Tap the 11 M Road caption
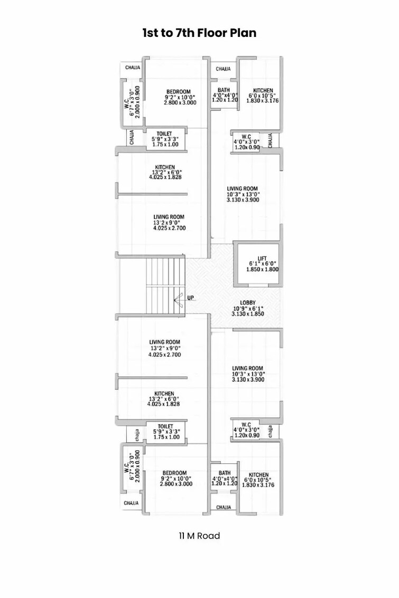[x=199, y=536]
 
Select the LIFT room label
[x=262, y=258]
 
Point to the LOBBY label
[x=248, y=303]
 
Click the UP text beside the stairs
[x=190, y=298]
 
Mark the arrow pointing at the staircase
[x=178, y=299]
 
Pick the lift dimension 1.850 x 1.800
[x=262, y=270]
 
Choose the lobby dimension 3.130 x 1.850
[x=248, y=314]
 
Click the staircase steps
[x=166, y=285]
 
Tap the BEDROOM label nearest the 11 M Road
[x=175, y=472]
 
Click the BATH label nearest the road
[x=225, y=473]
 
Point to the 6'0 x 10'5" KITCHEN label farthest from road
[x=263, y=90]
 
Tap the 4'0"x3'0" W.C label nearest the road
[x=246, y=424]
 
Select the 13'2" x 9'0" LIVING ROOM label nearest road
[x=164, y=342]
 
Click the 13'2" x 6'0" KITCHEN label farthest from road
[x=165, y=167]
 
